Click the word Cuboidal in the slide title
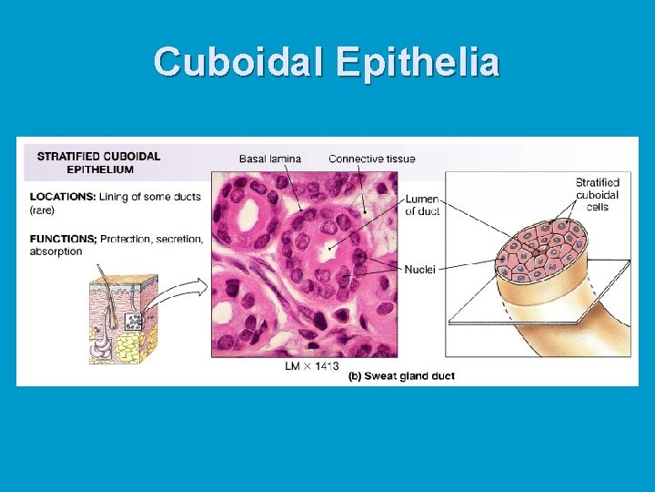(x=239, y=62)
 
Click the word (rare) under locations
(x=42, y=210)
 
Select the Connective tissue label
(x=371, y=159)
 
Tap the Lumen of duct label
(x=421, y=205)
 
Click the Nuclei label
(x=419, y=269)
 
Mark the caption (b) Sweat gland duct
(x=401, y=375)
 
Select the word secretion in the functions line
(x=178, y=239)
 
